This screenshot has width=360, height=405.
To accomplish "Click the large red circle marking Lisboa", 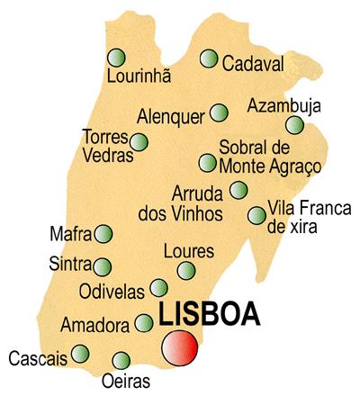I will click(x=180, y=348).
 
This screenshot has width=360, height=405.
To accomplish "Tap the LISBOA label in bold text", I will click(x=209, y=315).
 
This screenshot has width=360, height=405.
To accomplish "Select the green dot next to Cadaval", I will click(x=209, y=59).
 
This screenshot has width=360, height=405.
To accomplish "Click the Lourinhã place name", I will click(x=138, y=76).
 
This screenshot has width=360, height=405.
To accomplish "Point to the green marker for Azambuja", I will click(x=295, y=125).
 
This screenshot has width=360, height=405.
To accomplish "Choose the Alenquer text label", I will click(x=171, y=116).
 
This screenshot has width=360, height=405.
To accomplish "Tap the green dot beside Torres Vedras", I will click(x=139, y=141).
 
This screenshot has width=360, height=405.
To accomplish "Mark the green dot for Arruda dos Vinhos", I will click(x=238, y=190).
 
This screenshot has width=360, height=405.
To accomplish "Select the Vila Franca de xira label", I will click(x=293, y=216).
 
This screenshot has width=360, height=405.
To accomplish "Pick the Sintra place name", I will click(x=71, y=265).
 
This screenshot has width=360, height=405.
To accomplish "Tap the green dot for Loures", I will click(x=186, y=270).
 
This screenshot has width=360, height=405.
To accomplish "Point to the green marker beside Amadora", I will click(x=144, y=322).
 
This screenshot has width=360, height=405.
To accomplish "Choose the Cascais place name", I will click(x=38, y=358).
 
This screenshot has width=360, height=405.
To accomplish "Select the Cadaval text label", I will click(x=253, y=64).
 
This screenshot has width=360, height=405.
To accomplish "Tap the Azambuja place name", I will click(x=284, y=104).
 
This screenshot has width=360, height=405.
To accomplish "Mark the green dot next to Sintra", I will click(x=103, y=266).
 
